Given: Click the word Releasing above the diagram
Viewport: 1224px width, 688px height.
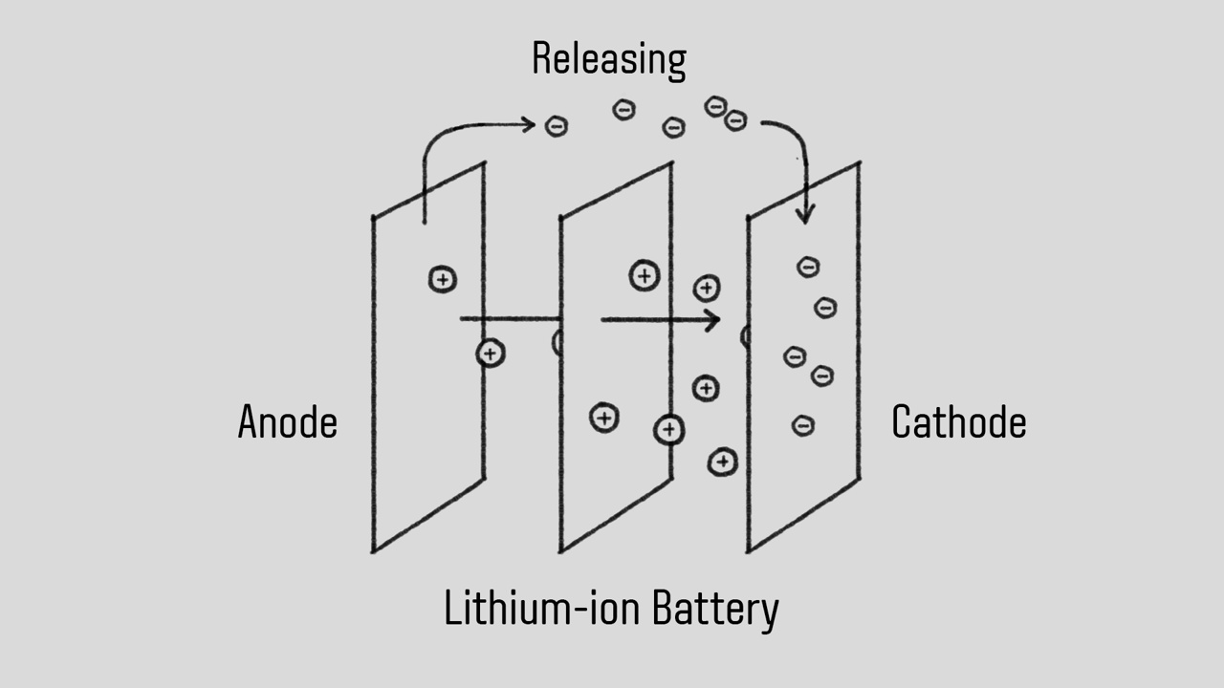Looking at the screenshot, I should pos(608,59).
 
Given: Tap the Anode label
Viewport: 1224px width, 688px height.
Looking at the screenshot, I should pos(287,422).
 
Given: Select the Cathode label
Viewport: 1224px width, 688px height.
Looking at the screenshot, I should pos(958,422).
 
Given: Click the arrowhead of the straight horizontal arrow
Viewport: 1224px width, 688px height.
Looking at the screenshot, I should pos(713,320).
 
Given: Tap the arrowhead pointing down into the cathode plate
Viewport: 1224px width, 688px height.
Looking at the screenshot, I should pos(804,216).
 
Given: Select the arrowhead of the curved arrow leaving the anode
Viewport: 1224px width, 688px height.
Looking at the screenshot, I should pos(527,123).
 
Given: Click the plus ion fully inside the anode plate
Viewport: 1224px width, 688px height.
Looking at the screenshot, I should pos(442,279).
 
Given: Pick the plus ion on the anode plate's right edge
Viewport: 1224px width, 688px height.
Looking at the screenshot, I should pos(491,354).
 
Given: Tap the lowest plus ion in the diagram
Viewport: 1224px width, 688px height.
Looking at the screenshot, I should pos(723,462).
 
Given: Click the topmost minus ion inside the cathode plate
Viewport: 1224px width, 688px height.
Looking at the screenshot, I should pos(808,268).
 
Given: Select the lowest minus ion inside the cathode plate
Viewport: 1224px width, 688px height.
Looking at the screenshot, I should pos(803,425).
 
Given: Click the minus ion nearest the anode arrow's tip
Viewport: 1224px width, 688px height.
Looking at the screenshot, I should pos(557,125).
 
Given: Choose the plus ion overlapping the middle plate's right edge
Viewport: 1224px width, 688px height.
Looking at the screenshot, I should pos(668,430).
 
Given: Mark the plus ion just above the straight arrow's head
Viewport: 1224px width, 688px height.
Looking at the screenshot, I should pos(707,288).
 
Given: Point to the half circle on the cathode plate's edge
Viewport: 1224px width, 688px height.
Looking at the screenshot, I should pos(745,335).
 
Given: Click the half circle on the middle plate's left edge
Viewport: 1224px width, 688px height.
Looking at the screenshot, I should pos(557,343).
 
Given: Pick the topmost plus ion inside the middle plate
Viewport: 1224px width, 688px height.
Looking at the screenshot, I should pos(645,276).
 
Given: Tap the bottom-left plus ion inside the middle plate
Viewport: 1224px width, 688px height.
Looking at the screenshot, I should pos(603,418).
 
